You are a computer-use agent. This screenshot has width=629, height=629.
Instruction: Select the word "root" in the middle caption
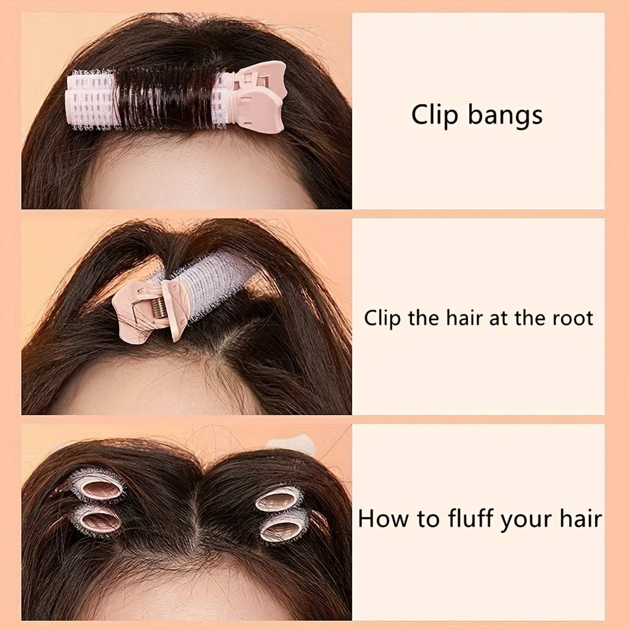(x=574, y=318)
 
